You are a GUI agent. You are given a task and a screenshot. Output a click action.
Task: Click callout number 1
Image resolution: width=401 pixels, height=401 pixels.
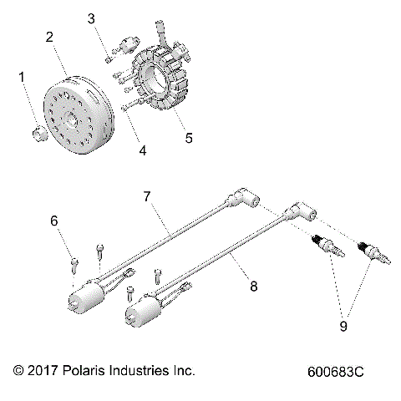pyautogui.click(x=23, y=78)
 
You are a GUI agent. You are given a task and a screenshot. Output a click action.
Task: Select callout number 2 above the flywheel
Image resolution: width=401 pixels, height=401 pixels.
pyautogui.click(x=51, y=38)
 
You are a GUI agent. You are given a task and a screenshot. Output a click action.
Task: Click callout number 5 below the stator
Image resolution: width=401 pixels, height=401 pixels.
pyautogui.click(x=189, y=138)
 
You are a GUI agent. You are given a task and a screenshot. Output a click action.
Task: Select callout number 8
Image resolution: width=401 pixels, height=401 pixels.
pyautogui.click(x=253, y=287)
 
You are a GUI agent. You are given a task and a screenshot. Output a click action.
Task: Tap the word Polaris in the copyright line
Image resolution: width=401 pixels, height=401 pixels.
pyautogui.click(x=87, y=369)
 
